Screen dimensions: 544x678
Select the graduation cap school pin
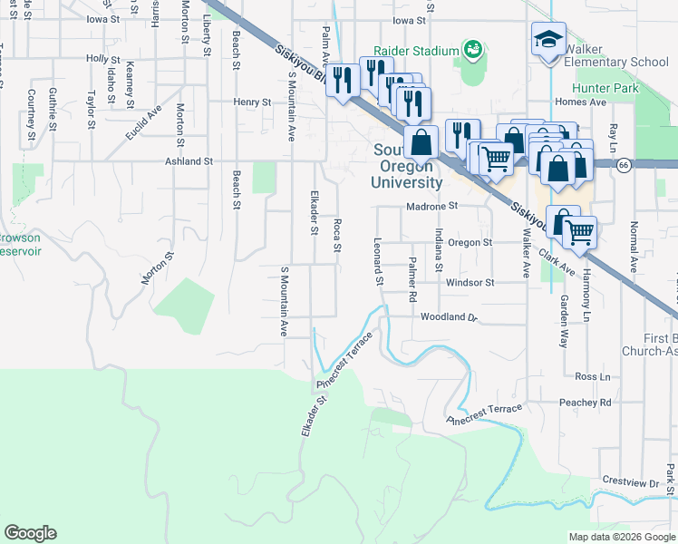[547, 40]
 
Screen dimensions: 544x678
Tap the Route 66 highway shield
[625, 165]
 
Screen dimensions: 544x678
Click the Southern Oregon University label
[407, 166]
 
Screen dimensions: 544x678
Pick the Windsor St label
[469, 282]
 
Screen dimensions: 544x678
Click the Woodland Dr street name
[448, 316]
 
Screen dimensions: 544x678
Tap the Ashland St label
[188, 160]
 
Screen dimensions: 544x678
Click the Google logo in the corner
[30, 533]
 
